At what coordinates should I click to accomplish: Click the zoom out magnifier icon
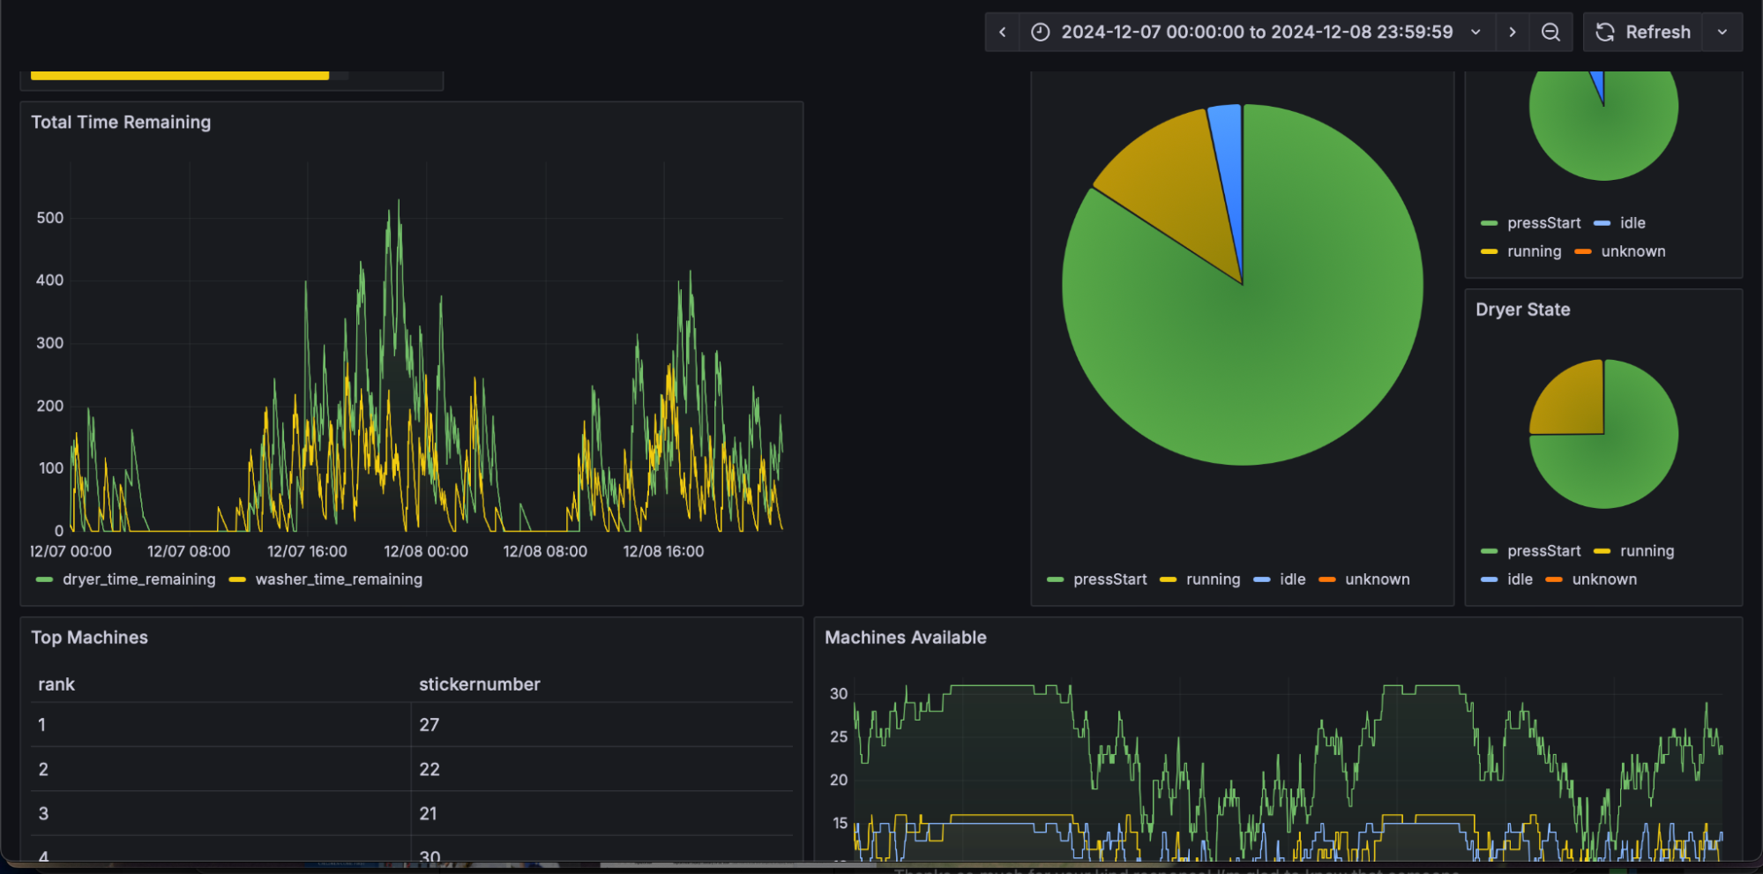[1550, 32]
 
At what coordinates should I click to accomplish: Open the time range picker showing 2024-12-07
[1256, 32]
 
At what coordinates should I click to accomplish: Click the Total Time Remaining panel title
[121, 123]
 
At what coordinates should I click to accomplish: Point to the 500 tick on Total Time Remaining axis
[49, 218]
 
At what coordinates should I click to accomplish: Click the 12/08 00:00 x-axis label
[426, 551]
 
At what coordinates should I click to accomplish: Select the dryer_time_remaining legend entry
[138, 579]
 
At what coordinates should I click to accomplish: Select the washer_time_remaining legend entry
[338, 579]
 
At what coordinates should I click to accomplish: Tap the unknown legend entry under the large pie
[1377, 579]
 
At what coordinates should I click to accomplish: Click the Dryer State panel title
[1522, 310]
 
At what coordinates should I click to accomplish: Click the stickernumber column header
[479, 684]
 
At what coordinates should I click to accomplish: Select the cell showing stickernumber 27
[430, 725]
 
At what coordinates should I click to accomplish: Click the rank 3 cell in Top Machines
[43, 813]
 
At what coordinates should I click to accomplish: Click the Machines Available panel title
[905, 638]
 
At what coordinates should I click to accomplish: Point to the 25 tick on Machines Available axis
[838, 736]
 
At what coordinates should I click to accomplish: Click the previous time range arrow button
[1003, 32]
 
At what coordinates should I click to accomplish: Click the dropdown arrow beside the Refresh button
[1722, 32]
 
